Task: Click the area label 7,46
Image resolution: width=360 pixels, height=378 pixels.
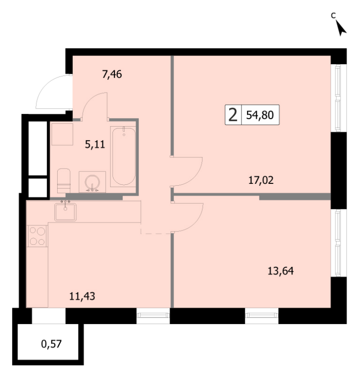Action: (x=112, y=74)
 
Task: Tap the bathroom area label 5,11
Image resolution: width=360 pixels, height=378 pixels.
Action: (x=95, y=145)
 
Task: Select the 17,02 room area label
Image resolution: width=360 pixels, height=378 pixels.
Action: (x=261, y=180)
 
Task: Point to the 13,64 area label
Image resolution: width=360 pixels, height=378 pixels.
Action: (x=281, y=271)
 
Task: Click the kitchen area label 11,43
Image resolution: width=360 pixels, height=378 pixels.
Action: (x=82, y=296)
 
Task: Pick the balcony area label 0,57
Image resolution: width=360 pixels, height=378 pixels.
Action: (x=51, y=344)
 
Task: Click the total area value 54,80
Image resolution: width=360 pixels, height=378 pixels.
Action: (x=260, y=115)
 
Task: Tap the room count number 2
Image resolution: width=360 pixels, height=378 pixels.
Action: (x=232, y=115)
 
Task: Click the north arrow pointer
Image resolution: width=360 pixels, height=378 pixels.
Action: (x=341, y=28)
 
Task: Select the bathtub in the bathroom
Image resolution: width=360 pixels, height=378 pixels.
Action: (x=124, y=156)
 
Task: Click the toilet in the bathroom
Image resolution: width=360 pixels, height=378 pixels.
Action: (x=64, y=180)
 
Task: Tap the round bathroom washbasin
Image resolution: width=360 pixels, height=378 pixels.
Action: (x=92, y=182)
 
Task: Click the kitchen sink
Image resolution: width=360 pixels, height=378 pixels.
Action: (x=65, y=212)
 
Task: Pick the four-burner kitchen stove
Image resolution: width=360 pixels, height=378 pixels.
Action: (x=37, y=236)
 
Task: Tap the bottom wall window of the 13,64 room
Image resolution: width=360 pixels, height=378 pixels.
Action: (x=262, y=316)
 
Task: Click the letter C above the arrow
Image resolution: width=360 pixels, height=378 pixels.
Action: (x=333, y=16)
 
